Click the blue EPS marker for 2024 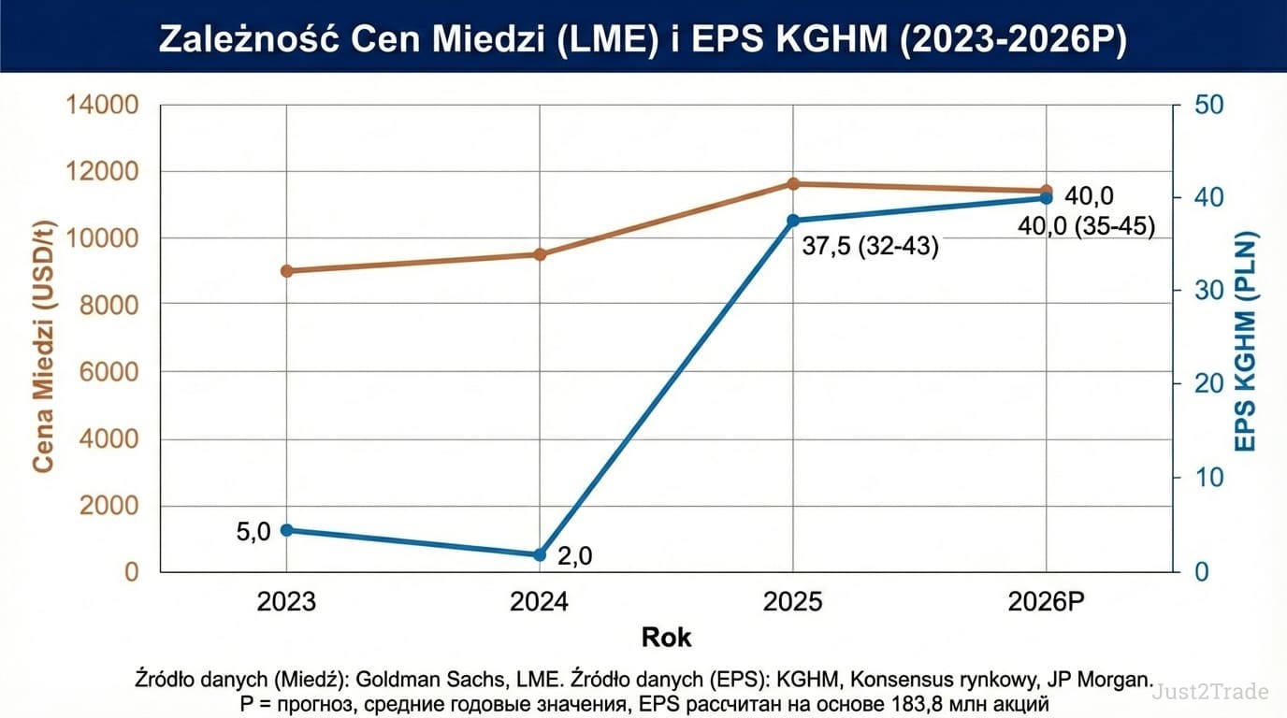(x=540, y=554)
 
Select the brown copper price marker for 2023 (x=286, y=271)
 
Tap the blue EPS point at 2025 (x=793, y=221)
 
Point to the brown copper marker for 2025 (x=793, y=184)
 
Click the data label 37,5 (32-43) (x=870, y=247)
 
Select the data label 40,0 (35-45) (x=1086, y=225)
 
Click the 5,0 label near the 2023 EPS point (x=253, y=532)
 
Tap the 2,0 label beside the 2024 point (x=574, y=556)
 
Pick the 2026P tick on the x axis (x=1047, y=601)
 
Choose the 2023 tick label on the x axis (x=286, y=601)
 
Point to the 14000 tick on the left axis (x=102, y=105)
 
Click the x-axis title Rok (x=666, y=639)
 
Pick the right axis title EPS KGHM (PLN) (x=1245, y=341)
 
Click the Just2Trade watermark (x=1210, y=692)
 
